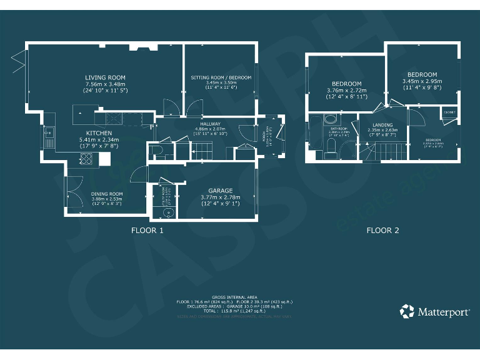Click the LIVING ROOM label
tap(105, 77)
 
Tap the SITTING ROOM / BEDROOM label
tap(221, 77)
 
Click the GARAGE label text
tap(221, 190)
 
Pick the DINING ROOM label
tap(106, 194)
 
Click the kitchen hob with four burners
tap(88, 160)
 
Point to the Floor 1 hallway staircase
tap(201, 150)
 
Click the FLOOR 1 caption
tap(147, 231)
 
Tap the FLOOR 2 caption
tap(382, 231)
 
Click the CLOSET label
tap(449, 112)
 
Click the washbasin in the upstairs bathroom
tap(331, 120)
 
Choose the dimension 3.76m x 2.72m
tap(346, 90)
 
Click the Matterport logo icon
tap(407, 311)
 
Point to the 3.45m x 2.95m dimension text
tap(422, 81)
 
